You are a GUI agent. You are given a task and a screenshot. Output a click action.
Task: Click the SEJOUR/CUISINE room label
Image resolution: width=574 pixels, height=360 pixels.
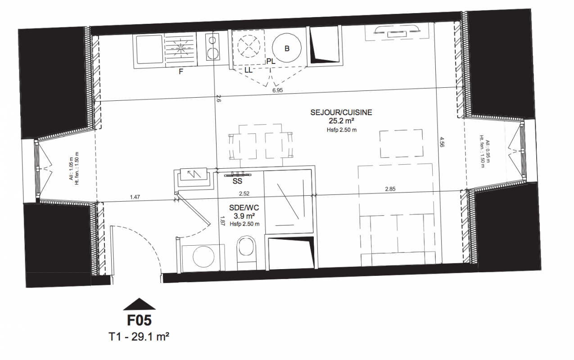(x=341, y=112)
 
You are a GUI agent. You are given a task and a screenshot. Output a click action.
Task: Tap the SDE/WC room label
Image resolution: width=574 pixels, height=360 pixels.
(x=244, y=207)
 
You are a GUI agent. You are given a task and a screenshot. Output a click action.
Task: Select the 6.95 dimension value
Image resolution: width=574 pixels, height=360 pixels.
(x=277, y=90)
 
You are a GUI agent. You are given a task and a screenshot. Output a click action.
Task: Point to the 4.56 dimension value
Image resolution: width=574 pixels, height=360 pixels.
(x=442, y=142)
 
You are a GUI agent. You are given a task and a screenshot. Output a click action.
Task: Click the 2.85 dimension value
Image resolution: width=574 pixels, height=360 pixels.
(x=390, y=189)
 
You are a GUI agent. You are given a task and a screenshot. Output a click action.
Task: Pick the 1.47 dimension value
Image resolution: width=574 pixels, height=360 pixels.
(x=135, y=197)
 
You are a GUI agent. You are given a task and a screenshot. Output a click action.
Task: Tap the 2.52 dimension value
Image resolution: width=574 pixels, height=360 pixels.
(x=244, y=193)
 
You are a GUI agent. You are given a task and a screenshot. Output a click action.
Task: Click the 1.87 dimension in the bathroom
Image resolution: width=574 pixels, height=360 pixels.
(x=222, y=220)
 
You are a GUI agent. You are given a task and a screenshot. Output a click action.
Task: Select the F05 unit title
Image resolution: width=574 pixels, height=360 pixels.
(x=140, y=320)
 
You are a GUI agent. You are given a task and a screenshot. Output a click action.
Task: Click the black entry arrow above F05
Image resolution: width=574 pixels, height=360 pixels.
(x=140, y=304)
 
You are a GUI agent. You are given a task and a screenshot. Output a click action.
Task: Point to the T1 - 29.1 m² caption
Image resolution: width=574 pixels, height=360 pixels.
(x=139, y=337)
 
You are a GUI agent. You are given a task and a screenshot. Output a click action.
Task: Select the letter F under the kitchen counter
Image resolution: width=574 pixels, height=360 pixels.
(x=181, y=72)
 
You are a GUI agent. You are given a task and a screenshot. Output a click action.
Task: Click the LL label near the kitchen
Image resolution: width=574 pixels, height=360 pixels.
(x=248, y=70)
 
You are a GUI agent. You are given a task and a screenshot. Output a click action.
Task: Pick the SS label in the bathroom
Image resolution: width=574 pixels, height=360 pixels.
(x=237, y=181)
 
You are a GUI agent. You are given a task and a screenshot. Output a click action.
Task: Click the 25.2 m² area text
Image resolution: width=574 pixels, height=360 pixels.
(x=341, y=121)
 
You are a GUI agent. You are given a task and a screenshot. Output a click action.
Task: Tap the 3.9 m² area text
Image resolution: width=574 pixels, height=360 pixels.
(x=244, y=216)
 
